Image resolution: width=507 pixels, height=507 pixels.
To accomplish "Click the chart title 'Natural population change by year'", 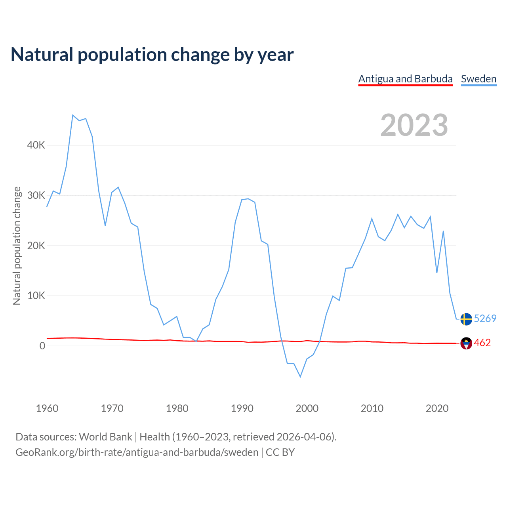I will pos(152,55).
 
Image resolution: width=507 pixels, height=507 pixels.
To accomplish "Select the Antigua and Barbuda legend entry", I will pos(405,79).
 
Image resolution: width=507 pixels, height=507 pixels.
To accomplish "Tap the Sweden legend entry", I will pos(478,79).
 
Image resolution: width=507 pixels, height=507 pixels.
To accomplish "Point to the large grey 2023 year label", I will pos(414,125).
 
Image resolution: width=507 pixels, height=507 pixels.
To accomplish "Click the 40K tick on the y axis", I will pos(36,145).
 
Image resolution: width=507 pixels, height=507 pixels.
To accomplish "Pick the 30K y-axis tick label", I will pos(36,195).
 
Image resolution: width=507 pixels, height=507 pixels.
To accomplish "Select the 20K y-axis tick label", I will pos(36,246).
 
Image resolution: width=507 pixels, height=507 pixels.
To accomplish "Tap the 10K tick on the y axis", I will pos(36,295).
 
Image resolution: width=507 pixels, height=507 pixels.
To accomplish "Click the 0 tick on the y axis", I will pos(42,346).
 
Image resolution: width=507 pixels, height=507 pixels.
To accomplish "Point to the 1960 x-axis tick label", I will pos(47,408).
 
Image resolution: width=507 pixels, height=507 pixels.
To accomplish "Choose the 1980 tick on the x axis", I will pos(177,408).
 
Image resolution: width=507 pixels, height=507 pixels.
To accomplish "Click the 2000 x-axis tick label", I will pos(307,408).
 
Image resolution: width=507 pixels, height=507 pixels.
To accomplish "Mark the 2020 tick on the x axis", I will pos(437,408).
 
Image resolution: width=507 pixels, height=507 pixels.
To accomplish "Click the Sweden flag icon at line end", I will pos(466,319).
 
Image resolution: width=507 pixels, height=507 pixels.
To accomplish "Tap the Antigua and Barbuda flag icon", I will pos(466,343).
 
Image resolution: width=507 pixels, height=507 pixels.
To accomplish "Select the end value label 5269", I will pos(485,319).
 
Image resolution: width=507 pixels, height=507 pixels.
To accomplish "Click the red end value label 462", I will pos(482,343).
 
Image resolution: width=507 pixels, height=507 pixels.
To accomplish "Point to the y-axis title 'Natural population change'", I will pos(17,246).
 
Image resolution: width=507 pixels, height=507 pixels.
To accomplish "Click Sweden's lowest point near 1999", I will pos(300,377).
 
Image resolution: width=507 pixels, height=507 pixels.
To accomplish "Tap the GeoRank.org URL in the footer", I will pos(137,452).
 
